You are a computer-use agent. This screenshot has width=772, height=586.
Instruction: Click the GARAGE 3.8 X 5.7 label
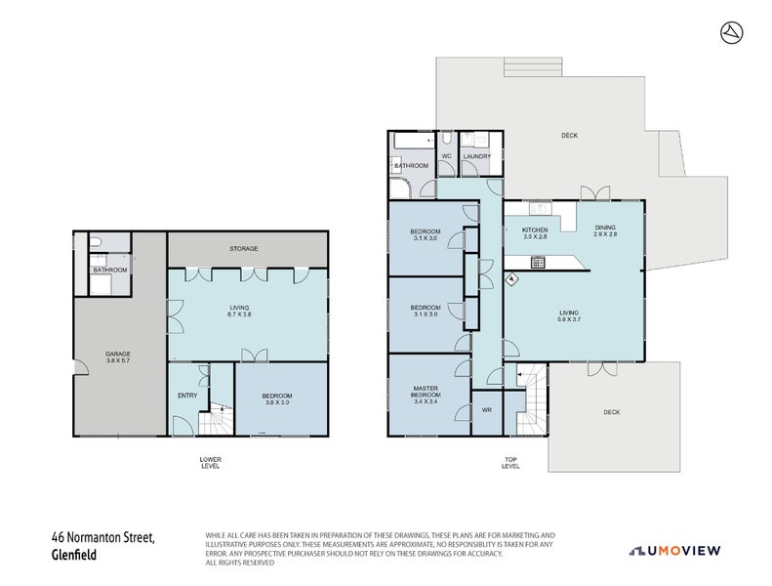click(118, 356)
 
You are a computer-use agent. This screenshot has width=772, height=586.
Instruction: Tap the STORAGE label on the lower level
click(244, 249)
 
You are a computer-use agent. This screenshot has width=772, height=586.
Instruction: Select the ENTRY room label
click(187, 396)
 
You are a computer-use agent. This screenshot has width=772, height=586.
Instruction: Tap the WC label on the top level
click(445, 156)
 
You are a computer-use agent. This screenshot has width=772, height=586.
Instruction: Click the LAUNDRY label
click(477, 156)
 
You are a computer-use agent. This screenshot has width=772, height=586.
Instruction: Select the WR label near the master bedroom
click(486, 410)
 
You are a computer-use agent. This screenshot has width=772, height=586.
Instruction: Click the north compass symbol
click(729, 32)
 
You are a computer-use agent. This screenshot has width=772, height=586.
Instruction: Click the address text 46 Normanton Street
click(103, 537)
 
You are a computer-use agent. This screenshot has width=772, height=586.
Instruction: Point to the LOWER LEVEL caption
click(210, 463)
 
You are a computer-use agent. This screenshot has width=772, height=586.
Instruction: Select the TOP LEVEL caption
click(510, 463)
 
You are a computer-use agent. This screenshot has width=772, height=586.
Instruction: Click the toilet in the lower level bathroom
click(99, 242)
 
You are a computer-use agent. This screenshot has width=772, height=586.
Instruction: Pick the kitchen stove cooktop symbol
click(537, 262)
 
